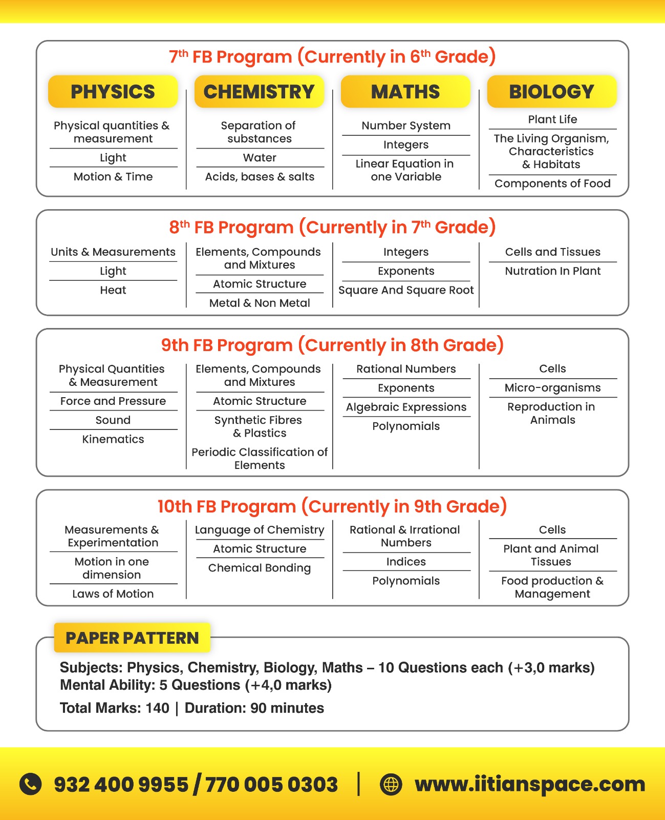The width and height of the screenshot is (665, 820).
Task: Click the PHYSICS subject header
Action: [x=113, y=92]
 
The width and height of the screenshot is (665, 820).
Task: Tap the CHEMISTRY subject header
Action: [x=259, y=92]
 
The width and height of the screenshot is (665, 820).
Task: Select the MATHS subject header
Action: [x=405, y=92]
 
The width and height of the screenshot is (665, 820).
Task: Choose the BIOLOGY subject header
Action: [x=551, y=92]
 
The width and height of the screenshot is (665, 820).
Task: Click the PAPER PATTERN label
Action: [x=132, y=638]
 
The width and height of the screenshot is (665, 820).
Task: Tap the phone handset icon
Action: [x=31, y=784]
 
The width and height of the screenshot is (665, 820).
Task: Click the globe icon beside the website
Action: [x=391, y=784]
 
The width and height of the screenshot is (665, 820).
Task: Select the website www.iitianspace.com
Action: [x=530, y=784]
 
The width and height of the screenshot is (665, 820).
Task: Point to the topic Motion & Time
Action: [x=113, y=177]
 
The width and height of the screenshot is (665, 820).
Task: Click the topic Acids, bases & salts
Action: [x=260, y=177]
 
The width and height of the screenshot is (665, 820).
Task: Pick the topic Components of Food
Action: [x=552, y=183]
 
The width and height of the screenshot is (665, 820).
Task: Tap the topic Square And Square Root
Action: [x=406, y=290]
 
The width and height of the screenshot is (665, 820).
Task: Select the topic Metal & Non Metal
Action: [x=260, y=303]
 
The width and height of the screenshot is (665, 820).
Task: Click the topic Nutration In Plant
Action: [x=552, y=271]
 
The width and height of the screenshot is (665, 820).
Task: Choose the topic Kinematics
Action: [x=113, y=439]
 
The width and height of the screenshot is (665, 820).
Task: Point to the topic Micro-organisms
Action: [x=552, y=388]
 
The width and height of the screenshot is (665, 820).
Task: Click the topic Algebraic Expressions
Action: [x=406, y=407]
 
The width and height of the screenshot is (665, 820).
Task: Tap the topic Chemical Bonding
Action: [x=260, y=568]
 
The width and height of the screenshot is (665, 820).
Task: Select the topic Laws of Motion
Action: [x=113, y=594]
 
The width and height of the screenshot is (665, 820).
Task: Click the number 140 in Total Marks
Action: [x=157, y=708]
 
